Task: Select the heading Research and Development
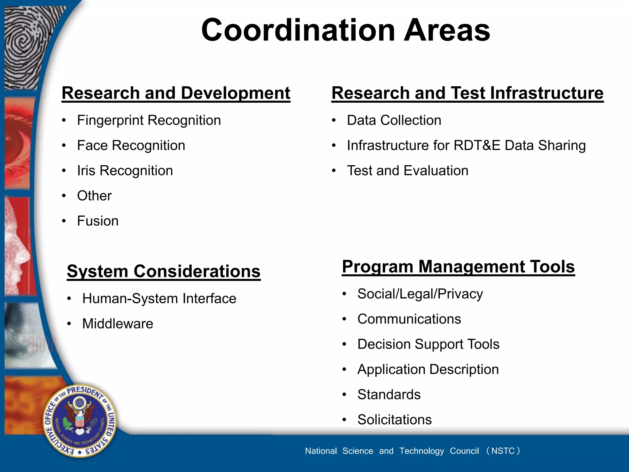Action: (176, 93)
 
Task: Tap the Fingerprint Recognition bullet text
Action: (149, 120)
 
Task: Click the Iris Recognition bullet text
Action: (125, 171)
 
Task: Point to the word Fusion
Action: (98, 221)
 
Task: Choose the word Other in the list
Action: (94, 196)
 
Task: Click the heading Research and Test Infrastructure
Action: (467, 93)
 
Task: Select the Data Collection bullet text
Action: (394, 120)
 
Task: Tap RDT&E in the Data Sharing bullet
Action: (477, 146)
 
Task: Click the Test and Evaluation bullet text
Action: (407, 171)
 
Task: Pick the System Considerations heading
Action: (163, 272)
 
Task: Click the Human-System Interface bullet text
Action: (159, 299)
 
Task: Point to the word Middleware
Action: (118, 324)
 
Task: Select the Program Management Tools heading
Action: (458, 267)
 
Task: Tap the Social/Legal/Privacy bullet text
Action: (420, 294)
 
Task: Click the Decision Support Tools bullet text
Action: (428, 344)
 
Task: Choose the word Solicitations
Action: (394, 420)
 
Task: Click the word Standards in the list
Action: (389, 395)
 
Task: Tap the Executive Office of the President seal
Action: (80, 420)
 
